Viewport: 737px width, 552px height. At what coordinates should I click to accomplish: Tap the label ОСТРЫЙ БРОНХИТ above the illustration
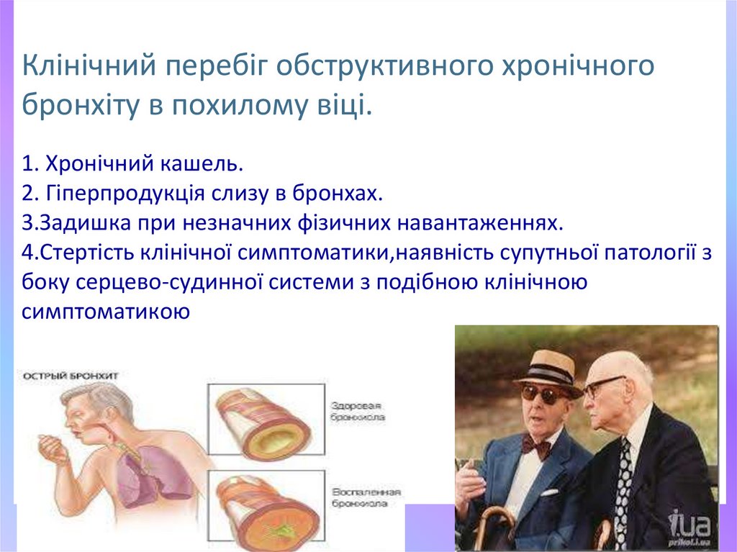[70, 376]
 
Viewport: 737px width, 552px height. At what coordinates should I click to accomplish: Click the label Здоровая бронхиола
[358, 411]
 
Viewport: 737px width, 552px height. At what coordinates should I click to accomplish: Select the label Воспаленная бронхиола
[366, 499]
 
